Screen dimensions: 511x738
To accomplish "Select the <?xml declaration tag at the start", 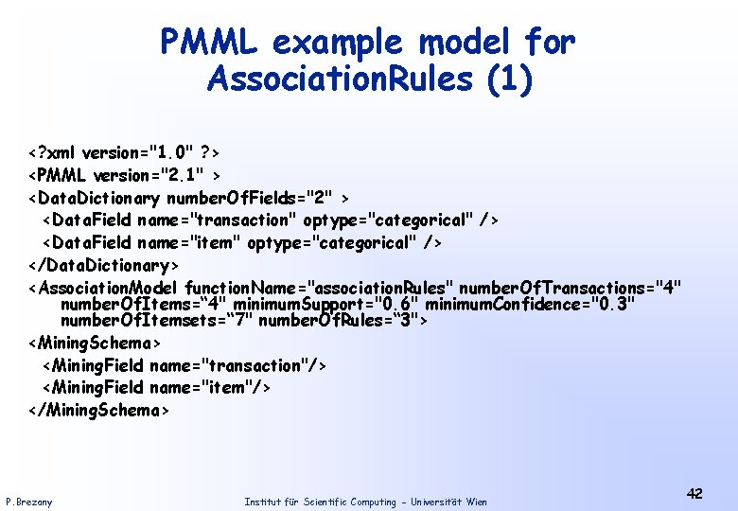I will point(53,152).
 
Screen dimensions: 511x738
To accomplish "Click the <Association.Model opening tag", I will point(104,288).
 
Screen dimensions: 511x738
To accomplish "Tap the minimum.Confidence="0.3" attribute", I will point(530,304).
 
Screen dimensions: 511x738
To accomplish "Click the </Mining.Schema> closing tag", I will point(99,410).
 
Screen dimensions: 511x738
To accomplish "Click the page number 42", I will point(694,494).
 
